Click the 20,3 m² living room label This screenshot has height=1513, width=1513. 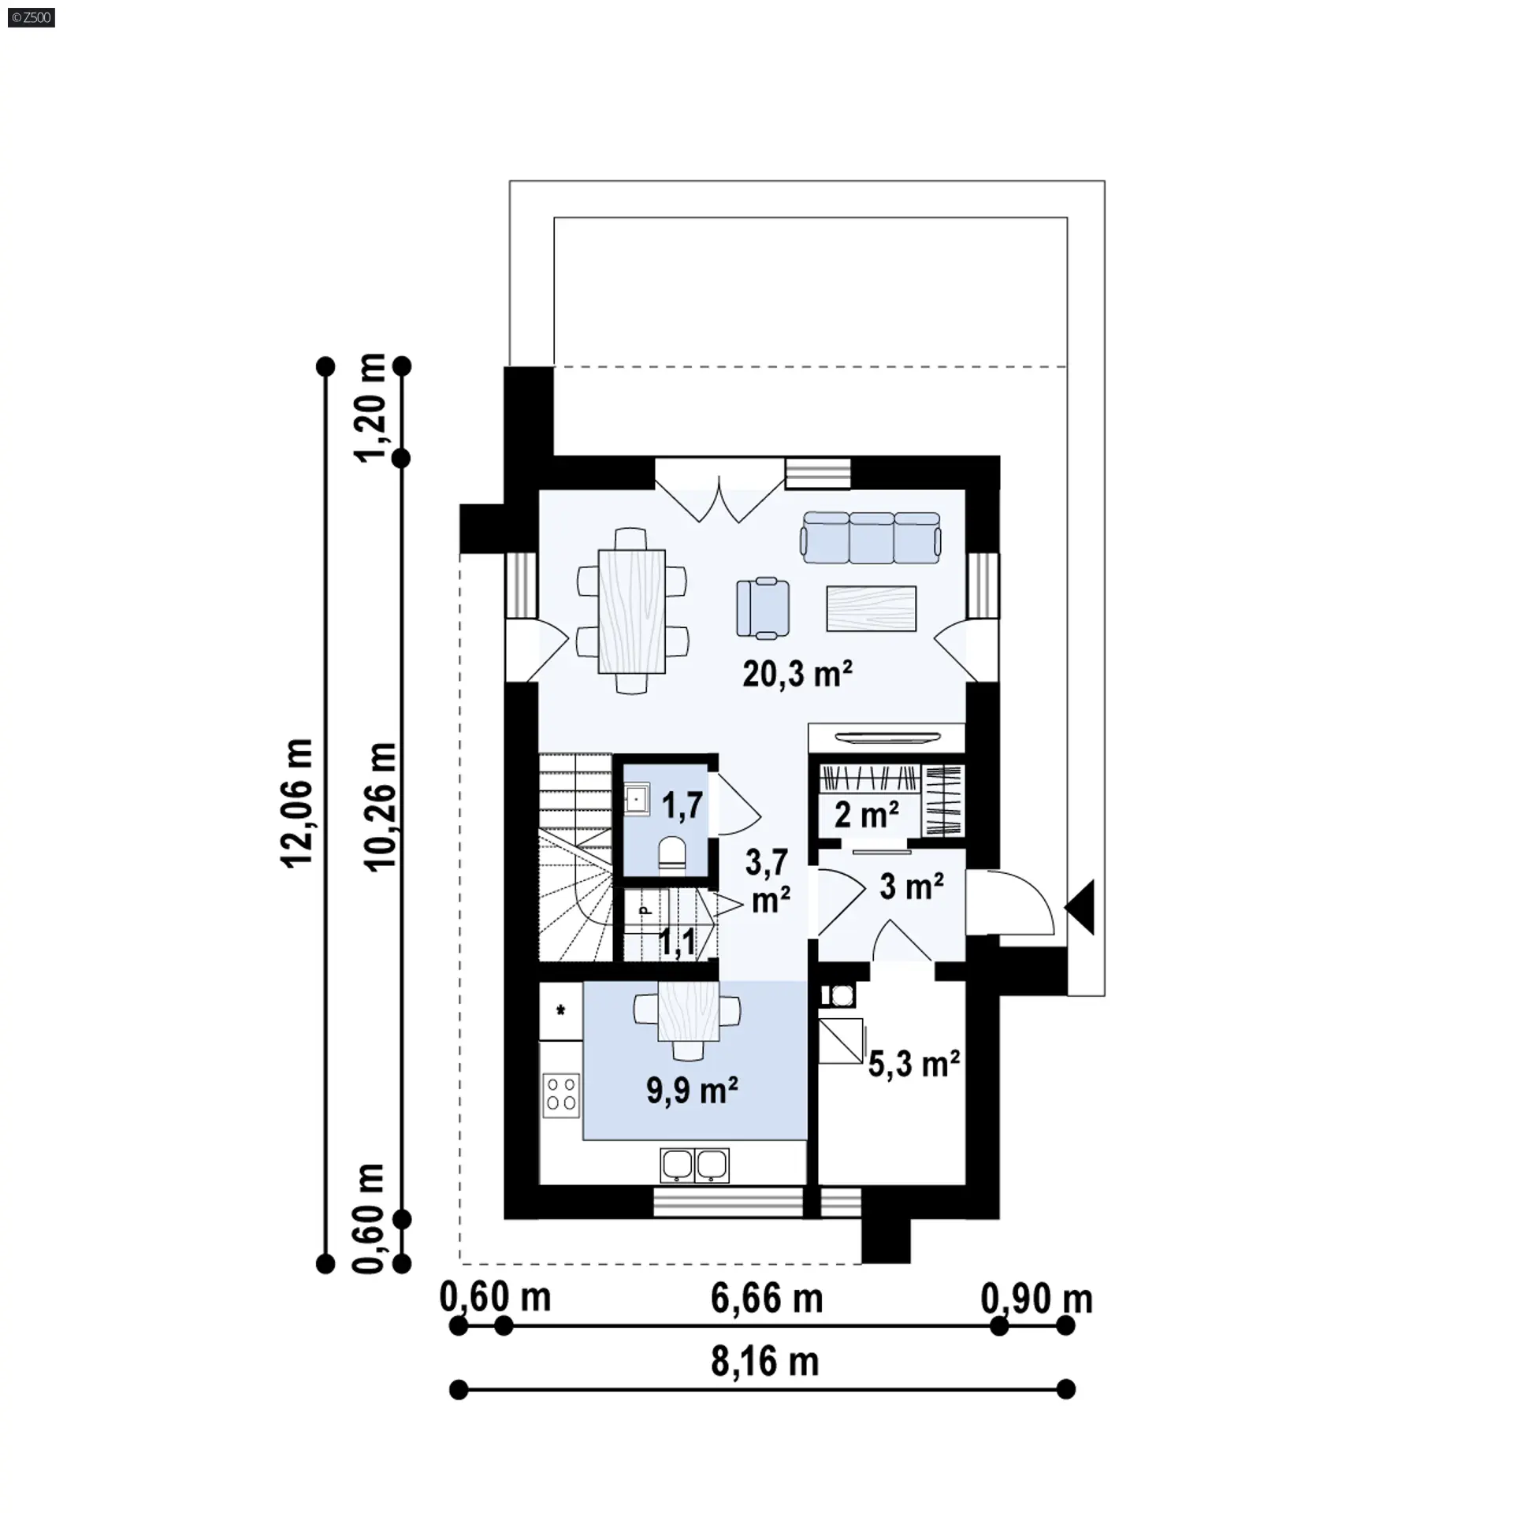tap(797, 674)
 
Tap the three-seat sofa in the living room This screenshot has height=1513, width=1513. tap(871, 537)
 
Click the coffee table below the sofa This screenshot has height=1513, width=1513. tap(872, 608)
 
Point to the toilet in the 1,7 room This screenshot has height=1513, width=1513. tap(672, 856)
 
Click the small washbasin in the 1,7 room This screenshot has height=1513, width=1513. tap(637, 800)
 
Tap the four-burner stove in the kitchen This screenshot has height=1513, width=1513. tap(561, 1095)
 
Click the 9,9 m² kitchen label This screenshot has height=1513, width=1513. tap(692, 1091)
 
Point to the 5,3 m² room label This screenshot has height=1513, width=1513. tap(914, 1064)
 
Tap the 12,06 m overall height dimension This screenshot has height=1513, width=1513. tap(299, 804)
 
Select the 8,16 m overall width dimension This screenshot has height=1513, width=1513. tap(765, 1362)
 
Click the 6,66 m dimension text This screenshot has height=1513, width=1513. tap(767, 1298)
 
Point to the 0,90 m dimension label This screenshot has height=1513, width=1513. tap(1037, 1298)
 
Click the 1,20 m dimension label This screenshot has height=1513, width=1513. tap(370, 407)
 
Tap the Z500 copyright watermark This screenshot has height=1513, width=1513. tap(32, 17)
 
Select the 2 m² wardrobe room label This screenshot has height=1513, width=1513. tap(867, 815)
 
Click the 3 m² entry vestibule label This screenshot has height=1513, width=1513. tap(912, 887)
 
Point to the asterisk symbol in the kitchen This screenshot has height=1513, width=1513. tap(561, 1009)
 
